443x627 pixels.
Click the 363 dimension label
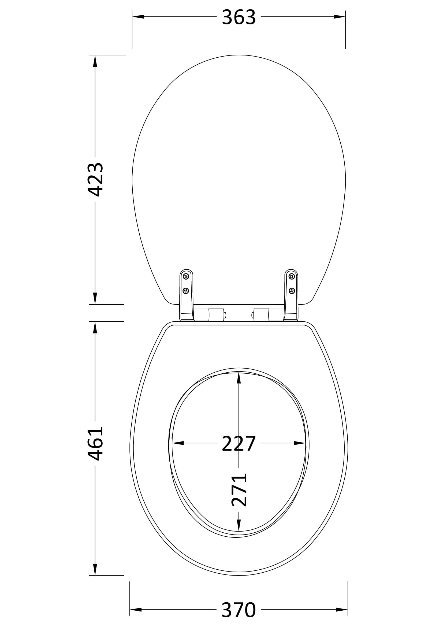pos(239,17)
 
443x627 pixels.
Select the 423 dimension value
pos(95,180)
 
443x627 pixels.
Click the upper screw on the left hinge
pos(186,277)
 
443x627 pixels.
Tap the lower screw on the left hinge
pos(186,291)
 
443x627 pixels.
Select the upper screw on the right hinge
pos(292,277)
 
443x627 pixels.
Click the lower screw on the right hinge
pos(292,291)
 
